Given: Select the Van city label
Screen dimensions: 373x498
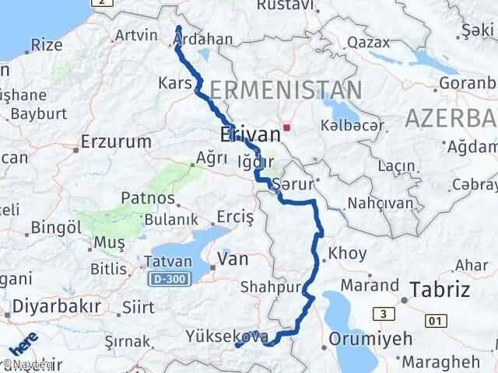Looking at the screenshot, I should [233, 259].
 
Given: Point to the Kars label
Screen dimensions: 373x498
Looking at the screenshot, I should [174, 82].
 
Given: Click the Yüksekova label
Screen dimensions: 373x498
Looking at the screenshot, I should [228, 336].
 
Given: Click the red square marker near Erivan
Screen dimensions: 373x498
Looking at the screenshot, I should [287, 127].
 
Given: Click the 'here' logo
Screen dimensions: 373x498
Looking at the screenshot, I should [23, 345].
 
